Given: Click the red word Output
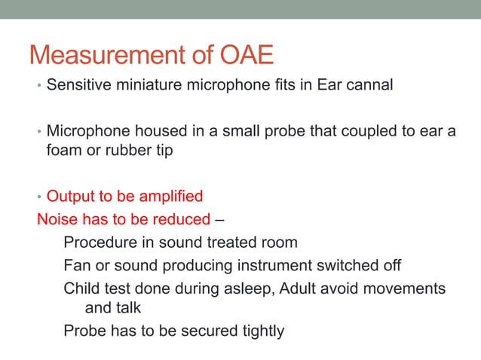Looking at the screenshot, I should coord(70,197).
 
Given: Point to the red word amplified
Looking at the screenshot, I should coord(166,197).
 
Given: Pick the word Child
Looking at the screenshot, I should coord(82,288).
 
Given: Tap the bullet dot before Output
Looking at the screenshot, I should coord(41,197).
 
